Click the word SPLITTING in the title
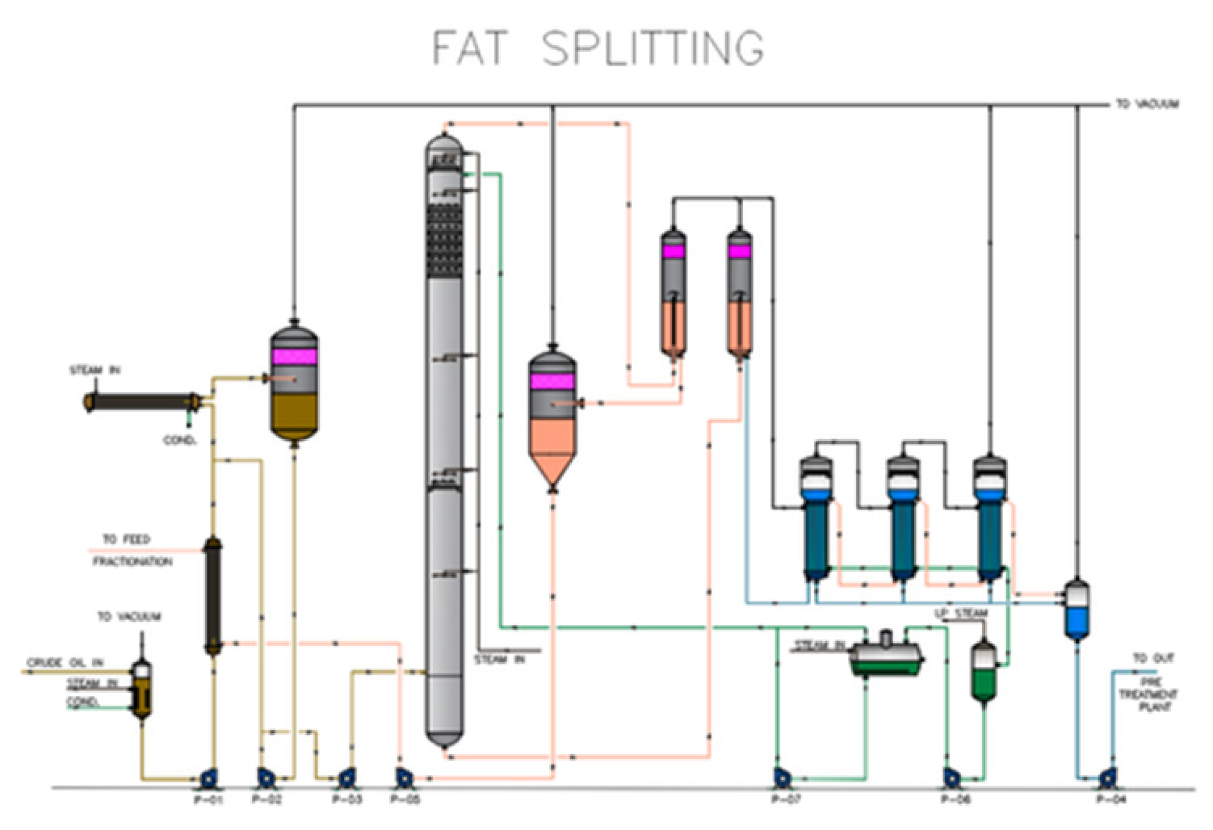pos(652,48)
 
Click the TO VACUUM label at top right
pos(1147,104)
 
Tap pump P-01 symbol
pos(209,777)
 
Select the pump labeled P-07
pos(781,777)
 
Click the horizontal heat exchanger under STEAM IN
pos(142,402)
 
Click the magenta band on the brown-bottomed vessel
pos(294,357)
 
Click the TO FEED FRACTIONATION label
pos(132,550)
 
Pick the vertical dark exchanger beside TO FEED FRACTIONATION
pos(213,595)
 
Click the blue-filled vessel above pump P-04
pos(1076,610)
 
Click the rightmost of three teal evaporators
pos(989,537)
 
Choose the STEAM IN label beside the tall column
pos(499,660)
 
